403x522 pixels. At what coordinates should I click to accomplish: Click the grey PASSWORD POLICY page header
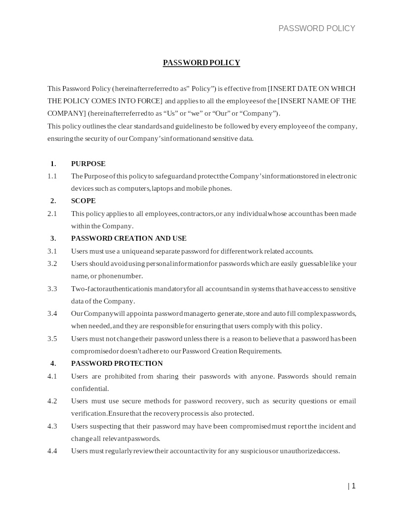tap(317, 28)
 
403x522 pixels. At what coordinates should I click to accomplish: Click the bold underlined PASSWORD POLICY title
tap(201, 63)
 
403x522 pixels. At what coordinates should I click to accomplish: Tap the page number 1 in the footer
tap(353, 486)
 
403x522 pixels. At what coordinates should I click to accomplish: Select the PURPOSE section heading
tap(88, 164)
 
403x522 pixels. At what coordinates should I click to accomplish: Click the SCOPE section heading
tap(83, 201)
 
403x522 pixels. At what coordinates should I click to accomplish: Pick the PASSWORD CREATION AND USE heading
tap(128, 238)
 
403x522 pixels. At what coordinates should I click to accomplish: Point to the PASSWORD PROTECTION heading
tap(117, 363)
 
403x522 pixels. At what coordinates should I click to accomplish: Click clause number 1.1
tap(52, 176)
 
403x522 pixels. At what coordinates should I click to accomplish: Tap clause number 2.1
tap(52, 214)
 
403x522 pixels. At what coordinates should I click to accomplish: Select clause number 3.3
tap(52, 289)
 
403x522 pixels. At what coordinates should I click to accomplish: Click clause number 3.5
tap(52, 339)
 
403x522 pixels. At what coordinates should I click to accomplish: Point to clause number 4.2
tap(52, 401)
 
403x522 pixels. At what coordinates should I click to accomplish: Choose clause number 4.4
tap(52, 451)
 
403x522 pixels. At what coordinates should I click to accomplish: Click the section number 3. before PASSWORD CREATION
tap(53, 238)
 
